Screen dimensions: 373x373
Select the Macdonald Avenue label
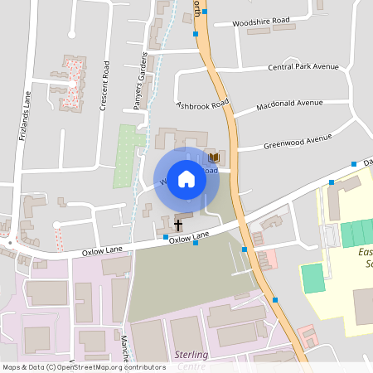289,104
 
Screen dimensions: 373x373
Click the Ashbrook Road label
201,105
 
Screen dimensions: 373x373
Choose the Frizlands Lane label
24,116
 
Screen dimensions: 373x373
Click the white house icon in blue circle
186,179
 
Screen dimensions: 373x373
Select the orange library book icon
214,157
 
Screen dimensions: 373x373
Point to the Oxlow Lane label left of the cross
101,251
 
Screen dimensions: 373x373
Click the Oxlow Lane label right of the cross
189,238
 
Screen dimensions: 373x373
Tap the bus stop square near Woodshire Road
195,34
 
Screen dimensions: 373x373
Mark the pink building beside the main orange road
268,259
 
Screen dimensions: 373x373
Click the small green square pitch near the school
312,277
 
